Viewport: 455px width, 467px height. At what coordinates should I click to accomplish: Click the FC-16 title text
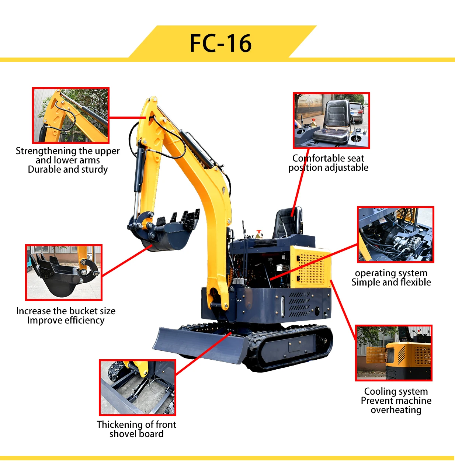click(220, 43)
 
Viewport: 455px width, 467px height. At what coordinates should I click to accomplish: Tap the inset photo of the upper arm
click(71, 115)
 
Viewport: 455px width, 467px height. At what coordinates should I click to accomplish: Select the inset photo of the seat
click(331, 121)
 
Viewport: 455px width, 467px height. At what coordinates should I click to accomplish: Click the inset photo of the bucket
click(63, 273)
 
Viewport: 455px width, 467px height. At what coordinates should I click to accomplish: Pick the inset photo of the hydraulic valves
click(395, 235)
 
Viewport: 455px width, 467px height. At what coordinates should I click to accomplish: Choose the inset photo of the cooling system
click(393, 353)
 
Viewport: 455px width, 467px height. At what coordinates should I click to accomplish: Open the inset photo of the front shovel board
click(137, 388)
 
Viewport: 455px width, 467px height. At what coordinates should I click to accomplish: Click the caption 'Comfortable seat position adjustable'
click(328, 163)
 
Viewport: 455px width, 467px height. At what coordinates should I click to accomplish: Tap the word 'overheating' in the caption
click(396, 410)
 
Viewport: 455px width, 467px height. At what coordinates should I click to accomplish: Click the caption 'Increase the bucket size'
click(66, 311)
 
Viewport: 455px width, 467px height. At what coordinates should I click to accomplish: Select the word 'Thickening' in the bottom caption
click(117, 425)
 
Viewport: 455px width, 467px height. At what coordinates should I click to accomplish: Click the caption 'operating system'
click(391, 273)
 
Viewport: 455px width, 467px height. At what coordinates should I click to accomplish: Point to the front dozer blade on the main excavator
click(199, 345)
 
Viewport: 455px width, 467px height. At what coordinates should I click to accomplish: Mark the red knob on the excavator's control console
click(259, 232)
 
